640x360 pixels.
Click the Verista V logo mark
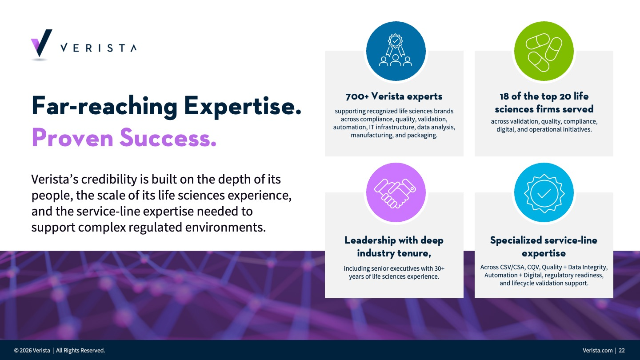point(41,43)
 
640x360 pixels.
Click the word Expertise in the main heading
point(243,107)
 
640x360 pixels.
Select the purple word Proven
point(72,138)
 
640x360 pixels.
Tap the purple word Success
point(168,138)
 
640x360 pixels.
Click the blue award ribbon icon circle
point(396,51)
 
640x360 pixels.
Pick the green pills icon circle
point(544,51)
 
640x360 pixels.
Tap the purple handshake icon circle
point(396,192)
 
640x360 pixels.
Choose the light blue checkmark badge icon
point(544,192)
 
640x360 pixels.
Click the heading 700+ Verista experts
point(394,96)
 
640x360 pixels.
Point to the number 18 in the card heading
point(504,96)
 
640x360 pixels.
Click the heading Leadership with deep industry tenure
point(394,247)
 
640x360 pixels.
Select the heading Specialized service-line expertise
point(544,247)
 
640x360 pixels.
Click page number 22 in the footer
point(622,350)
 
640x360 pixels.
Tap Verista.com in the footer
point(598,350)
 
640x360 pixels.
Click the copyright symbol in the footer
point(16,351)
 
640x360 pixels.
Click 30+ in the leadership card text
point(440,268)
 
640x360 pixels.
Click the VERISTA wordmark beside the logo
point(99,48)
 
